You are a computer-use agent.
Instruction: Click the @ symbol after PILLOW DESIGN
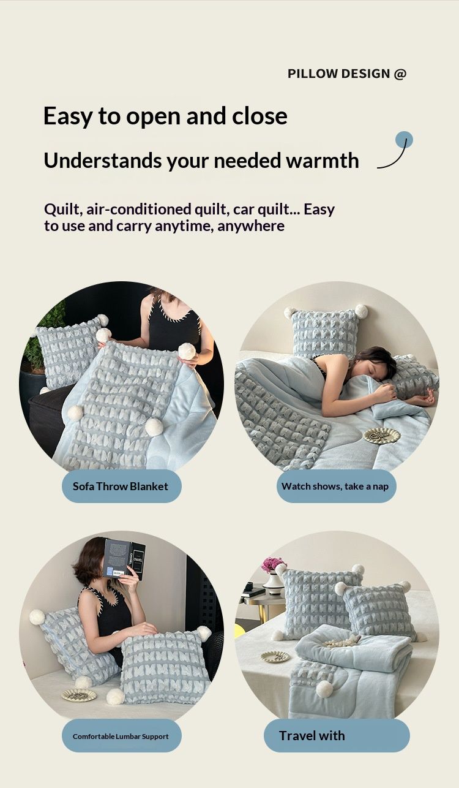tap(400, 74)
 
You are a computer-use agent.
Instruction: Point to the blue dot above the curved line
tap(404, 140)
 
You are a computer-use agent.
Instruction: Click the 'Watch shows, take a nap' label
tap(336, 486)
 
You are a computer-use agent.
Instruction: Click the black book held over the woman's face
tap(125, 559)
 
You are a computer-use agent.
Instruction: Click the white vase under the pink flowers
tap(272, 583)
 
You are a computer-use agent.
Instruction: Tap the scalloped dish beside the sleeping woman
tap(382, 436)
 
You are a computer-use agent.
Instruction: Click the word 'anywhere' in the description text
tap(251, 226)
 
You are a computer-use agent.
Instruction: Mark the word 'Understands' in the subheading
tap(103, 161)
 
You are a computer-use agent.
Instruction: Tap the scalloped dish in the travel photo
tap(276, 656)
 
